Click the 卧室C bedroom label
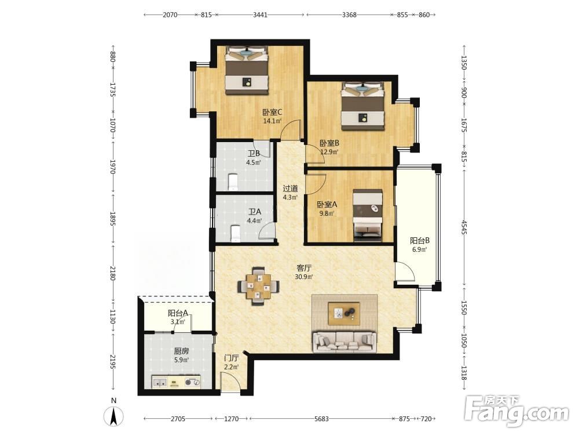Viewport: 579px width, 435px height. click(273, 112)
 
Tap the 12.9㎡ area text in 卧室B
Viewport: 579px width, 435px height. click(329, 151)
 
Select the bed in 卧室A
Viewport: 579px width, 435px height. click(368, 215)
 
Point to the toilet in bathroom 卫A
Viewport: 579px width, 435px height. click(235, 233)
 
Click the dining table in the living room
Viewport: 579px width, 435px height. click(258, 286)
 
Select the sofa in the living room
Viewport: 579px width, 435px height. click(344, 342)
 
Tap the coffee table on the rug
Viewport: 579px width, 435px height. click(344, 314)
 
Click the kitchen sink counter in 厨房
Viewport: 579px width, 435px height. click(176, 382)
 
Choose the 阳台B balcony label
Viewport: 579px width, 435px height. click(420, 241)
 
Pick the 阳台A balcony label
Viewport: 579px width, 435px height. click(178, 313)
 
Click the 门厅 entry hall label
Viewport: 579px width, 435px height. click(232, 358)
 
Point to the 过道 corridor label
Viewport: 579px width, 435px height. click(290, 188)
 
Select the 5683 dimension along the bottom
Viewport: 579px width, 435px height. click(321, 419)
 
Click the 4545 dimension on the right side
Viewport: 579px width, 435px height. click(464, 227)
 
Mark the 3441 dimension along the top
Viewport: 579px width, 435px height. click(260, 15)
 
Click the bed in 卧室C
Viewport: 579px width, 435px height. click(246, 70)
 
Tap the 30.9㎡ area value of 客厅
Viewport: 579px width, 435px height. click(305, 276)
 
